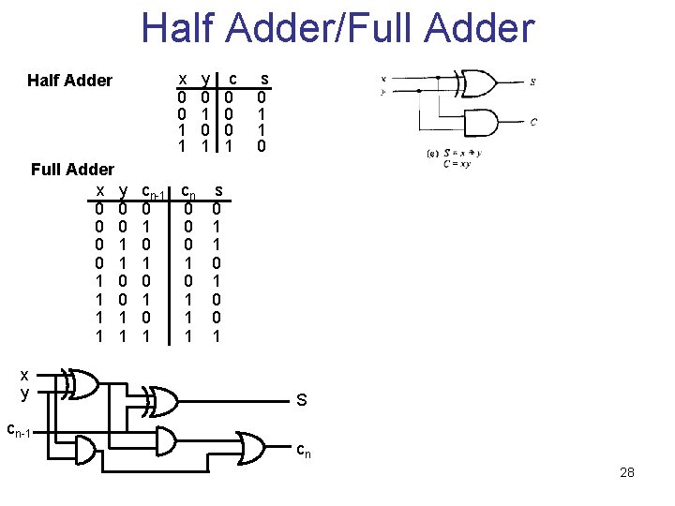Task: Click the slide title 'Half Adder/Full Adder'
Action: (x=337, y=28)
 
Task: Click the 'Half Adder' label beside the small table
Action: (x=69, y=81)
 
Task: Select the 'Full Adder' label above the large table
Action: (x=72, y=170)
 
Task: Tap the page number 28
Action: (x=627, y=472)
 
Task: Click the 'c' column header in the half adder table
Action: (x=233, y=77)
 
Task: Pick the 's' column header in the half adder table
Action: (x=263, y=77)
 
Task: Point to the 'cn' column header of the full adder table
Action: (x=188, y=191)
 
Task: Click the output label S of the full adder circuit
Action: (x=302, y=401)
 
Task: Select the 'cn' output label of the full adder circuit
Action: (x=304, y=451)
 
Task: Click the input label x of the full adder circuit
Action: (x=24, y=374)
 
